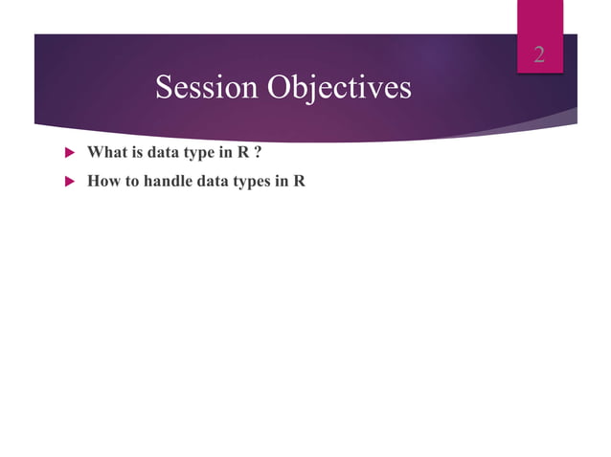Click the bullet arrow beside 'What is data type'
point(68,152)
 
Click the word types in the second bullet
point(251,181)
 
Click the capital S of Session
point(164,88)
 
